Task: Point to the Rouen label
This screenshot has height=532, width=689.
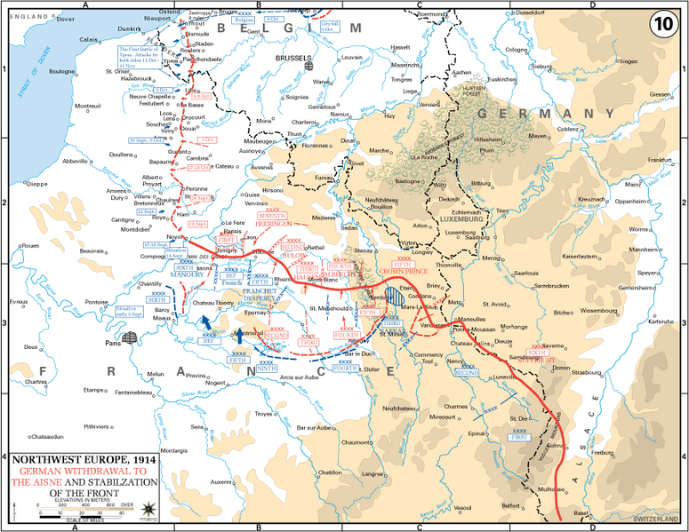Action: pyautogui.click(x=31, y=245)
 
